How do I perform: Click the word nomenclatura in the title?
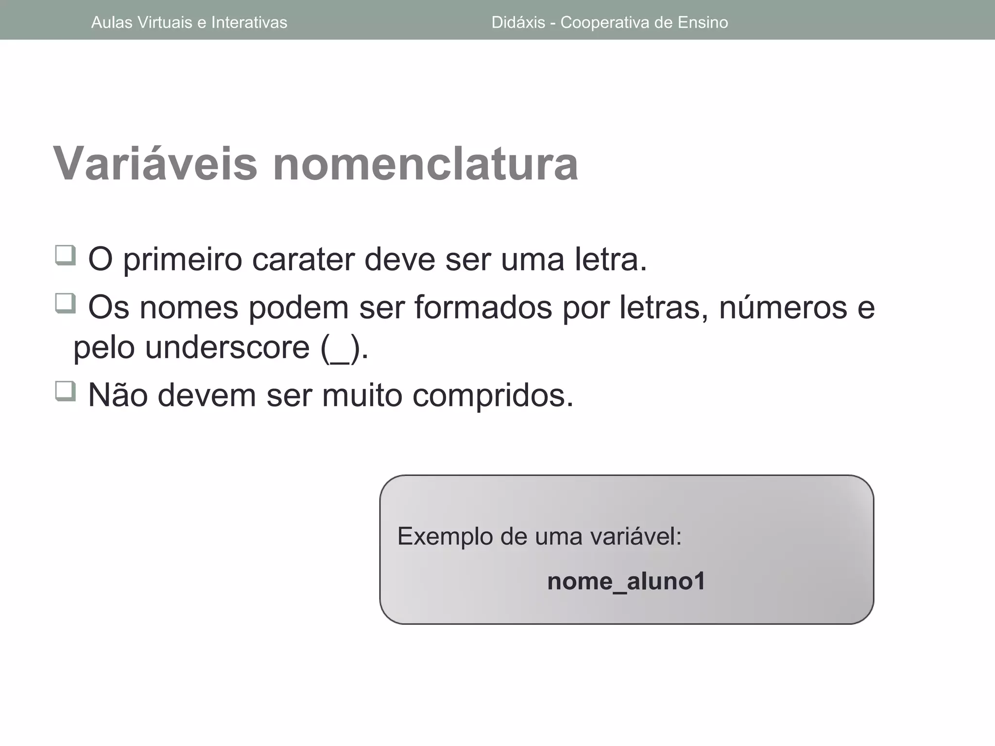[x=425, y=164]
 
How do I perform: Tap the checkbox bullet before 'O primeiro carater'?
[x=66, y=255]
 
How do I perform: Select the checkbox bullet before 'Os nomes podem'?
[x=66, y=304]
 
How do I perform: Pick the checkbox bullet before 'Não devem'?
[x=66, y=391]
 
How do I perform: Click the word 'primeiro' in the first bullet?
[x=182, y=260]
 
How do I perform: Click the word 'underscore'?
[x=227, y=348]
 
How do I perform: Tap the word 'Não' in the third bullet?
[x=118, y=395]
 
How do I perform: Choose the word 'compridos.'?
[x=493, y=396]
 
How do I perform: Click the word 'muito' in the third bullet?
[x=362, y=395]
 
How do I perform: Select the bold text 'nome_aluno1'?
[x=626, y=581]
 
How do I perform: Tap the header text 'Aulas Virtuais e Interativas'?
[x=189, y=22]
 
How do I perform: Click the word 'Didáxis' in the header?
[x=518, y=22]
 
